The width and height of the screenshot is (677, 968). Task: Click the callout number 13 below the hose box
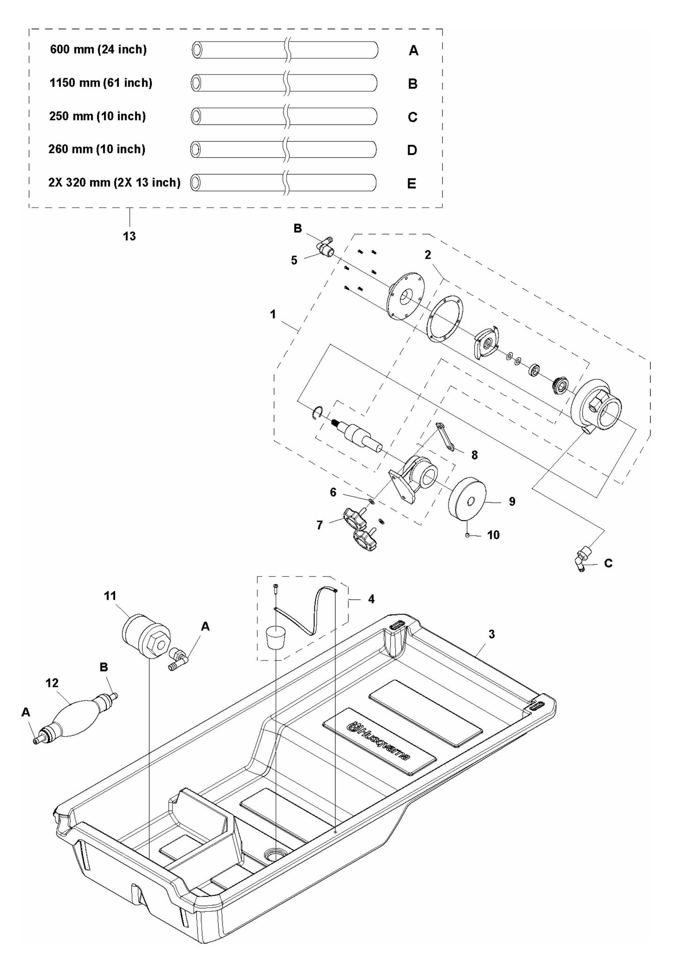[x=129, y=236]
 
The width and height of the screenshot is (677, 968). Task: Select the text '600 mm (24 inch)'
[x=98, y=50]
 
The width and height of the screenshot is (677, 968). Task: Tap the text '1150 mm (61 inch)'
[x=101, y=83]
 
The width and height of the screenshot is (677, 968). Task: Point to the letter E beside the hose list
[x=412, y=184]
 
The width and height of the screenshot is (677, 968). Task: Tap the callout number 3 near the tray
[x=491, y=634]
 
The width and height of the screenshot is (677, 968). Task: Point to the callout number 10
[x=493, y=535]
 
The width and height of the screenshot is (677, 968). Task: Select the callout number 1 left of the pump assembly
[x=273, y=315]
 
